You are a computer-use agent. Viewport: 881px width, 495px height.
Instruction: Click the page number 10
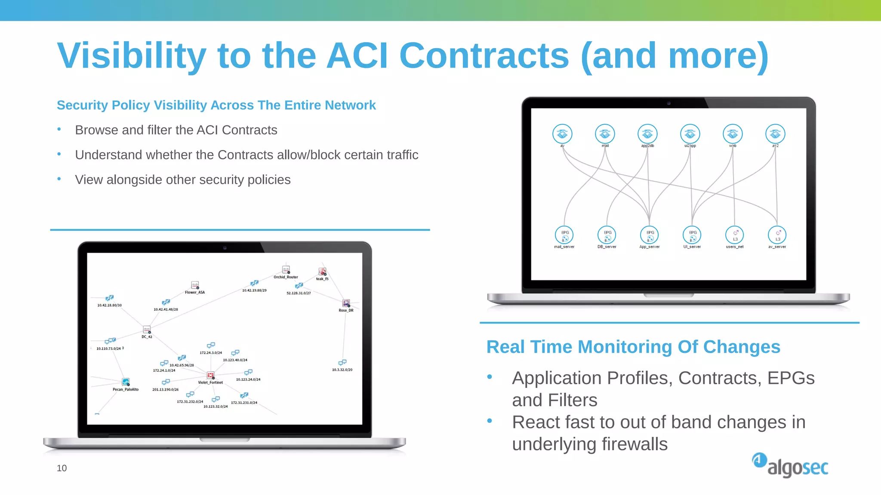(62, 468)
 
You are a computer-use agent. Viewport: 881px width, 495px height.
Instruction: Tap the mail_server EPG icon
(564, 235)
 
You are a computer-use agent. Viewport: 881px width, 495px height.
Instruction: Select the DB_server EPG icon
(607, 235)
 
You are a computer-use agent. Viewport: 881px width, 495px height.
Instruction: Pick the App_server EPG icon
(649, 235)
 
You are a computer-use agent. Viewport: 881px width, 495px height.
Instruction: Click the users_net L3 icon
(735, 235)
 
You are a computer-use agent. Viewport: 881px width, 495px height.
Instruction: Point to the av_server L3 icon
(777, 235)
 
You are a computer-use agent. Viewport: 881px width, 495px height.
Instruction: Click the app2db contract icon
(647, 134)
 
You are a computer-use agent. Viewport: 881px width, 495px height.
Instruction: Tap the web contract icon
(733, 134)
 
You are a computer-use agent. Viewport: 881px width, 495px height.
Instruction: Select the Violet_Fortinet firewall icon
(211, 376)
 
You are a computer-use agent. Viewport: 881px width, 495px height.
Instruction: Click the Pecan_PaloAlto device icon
(126, 382)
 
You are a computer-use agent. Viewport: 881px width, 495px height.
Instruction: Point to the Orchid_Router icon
(286, 270)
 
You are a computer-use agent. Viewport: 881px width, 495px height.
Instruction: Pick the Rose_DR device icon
(346, 303)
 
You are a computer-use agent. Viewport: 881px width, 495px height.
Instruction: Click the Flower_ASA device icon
(195, 285)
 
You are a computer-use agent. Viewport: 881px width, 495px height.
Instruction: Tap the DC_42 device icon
(147, 330)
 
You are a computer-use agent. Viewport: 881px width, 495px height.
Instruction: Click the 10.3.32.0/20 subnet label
(342, 370)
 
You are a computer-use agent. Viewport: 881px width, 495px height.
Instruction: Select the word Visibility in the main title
(132, 56)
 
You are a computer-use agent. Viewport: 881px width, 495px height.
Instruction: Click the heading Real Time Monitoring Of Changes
(633, 347)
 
